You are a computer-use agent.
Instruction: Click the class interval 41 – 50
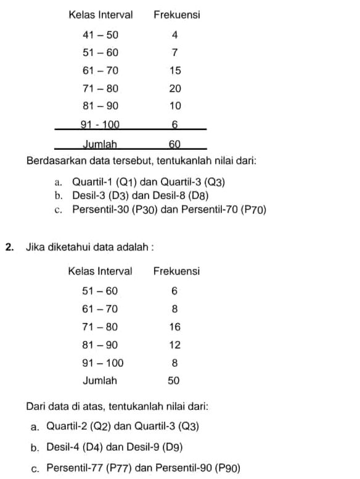pos(100,35)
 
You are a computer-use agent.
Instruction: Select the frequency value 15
pos(175,71)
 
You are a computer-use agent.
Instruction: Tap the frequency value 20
pos(175,89)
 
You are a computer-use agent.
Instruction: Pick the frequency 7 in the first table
pos(174,53)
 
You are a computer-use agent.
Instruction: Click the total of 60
pos(175,145)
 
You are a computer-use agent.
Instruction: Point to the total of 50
pos(174,381)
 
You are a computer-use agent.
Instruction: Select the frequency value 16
pos(174,327)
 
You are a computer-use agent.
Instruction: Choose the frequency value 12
pos(174,345)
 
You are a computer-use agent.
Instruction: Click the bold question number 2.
pos(9,248)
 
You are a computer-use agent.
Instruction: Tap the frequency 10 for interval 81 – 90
pos(175,107)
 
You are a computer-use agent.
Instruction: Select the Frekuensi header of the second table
pos(176,271)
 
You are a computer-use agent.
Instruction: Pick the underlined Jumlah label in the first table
pos(100,145)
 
